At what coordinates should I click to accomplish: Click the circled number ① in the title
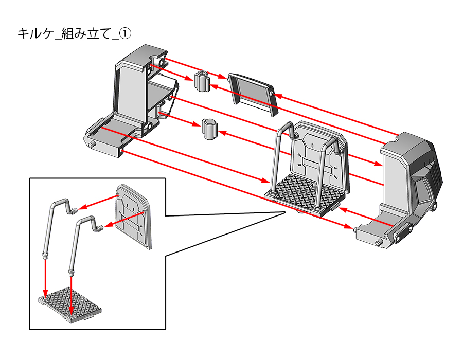[126, 33]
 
